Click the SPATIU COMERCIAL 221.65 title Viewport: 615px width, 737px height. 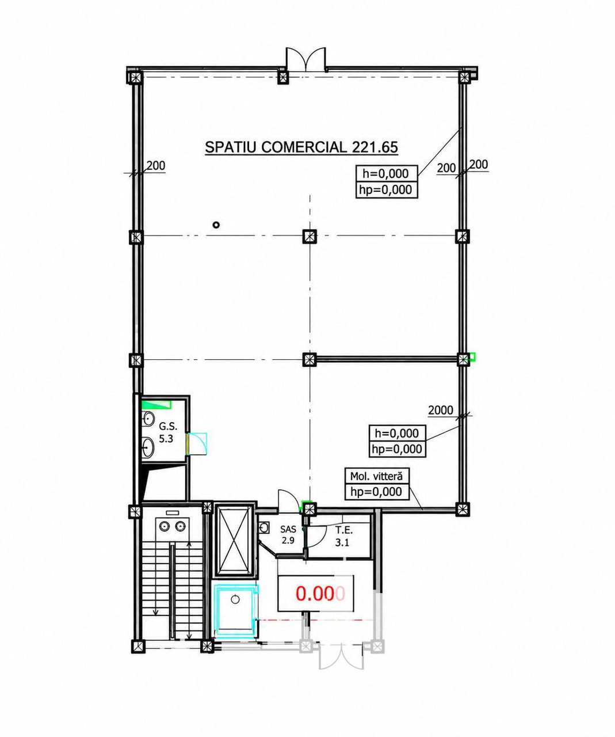click(x=301, y=147)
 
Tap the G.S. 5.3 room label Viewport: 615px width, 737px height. click(x=167, y=433)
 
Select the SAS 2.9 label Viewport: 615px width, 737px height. click(x=288, y=535)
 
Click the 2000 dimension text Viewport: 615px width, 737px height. click(x=441, y=410)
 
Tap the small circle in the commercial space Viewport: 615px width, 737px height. click(x=216, y=225)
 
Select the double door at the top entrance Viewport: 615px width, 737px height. click(x=305, y=60)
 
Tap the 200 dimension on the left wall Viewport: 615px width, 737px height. click(x=156, y=166)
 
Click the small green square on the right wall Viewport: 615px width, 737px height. click(x=472, y=357)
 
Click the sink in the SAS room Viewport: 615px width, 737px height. click(x=263, y=529)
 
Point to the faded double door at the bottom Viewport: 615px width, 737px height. click(x=341, y=656)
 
